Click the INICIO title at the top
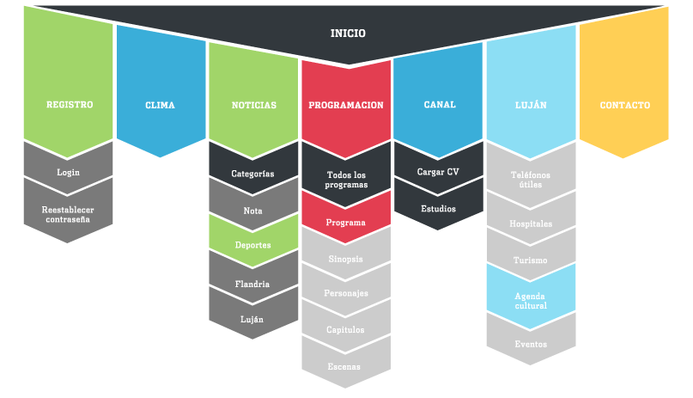(348, 34)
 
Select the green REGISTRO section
(69, 105)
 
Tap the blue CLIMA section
(160, 106)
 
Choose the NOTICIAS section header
(254, 105)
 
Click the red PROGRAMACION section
(346, 105)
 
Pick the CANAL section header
(440, 105)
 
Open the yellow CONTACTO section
(624, 106)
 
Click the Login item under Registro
(69, 172)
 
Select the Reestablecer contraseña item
(69, 214)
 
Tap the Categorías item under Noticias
(253, 173)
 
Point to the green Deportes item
(253, 245)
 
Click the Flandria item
(253, 283)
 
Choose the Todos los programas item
(347, 180)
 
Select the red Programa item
(347, 222)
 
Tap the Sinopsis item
(347, 258)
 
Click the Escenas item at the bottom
(347, 366)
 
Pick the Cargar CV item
(439, 172)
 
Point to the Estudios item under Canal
(439, 208)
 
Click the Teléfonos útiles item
(532, 180)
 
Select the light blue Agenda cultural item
(532, 300)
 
